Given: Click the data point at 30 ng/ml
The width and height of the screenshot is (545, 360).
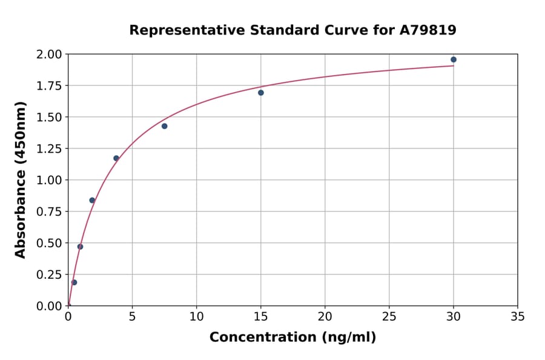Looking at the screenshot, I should pyautogui.click(x=454, y=59).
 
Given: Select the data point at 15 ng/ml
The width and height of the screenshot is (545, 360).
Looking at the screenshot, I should pyautogui.click(x=261, y=93).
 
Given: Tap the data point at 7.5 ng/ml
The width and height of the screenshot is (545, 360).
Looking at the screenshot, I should pyautogui.click(x=165, y=126).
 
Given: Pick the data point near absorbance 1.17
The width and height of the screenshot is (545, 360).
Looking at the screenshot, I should pyautogui.click(x=116, y=158).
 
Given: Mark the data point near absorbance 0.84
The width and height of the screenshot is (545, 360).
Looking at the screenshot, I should pyautogui.click(x=92, y=200).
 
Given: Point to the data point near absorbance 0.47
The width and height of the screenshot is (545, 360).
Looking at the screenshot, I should pyautogui.click(x=80, y=247).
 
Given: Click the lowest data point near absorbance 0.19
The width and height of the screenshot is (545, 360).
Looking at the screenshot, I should pyautogui.click(x=74, y=282).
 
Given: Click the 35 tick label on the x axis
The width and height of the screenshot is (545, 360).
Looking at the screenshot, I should pyautogui.click(x=518, y=316).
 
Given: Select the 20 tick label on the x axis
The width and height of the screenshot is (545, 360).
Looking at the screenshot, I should pyautogui.click(x=325, y=316).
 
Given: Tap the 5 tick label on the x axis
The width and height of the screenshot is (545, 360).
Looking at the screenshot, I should pyautogui.click(x=132, y=316).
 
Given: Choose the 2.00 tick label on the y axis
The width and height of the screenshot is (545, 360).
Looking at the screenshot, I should pyautogui.click(x=49, y=55).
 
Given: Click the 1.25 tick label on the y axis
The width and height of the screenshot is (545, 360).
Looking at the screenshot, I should pyautogui.click(x=49, y=149).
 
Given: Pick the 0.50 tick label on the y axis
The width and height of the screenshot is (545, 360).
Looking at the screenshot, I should pyautogui.click(x=49, y=243).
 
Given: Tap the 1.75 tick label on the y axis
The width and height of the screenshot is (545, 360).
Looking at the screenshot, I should pyautogui.click(x=49, y=86).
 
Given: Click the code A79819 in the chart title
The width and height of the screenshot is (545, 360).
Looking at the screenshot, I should pyautogui.click(x=429, y=30).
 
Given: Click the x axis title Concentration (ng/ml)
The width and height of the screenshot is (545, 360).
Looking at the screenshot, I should pyautogui.click(x=292, y=338).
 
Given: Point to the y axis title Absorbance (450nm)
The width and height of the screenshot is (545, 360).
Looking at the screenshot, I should pyautogui.click(x=21, y=179).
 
